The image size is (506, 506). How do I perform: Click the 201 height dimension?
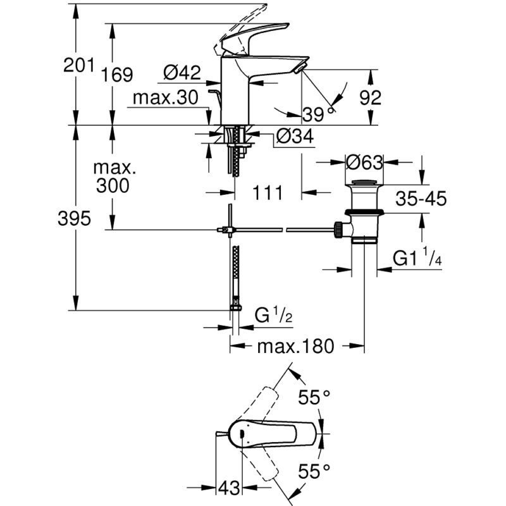pos(78,65)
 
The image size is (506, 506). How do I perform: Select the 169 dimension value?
pos(116,75)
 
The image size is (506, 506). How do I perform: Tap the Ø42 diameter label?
pos(182,72)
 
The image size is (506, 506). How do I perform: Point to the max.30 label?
pos(166,97)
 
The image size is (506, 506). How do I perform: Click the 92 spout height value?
pos(371,97)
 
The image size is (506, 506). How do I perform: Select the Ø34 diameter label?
pos(295,136)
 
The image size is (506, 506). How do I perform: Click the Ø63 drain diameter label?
pos(364,163)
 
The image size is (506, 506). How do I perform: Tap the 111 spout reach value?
pos(268,193)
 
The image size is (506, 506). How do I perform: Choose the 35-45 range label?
pos(421,199)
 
